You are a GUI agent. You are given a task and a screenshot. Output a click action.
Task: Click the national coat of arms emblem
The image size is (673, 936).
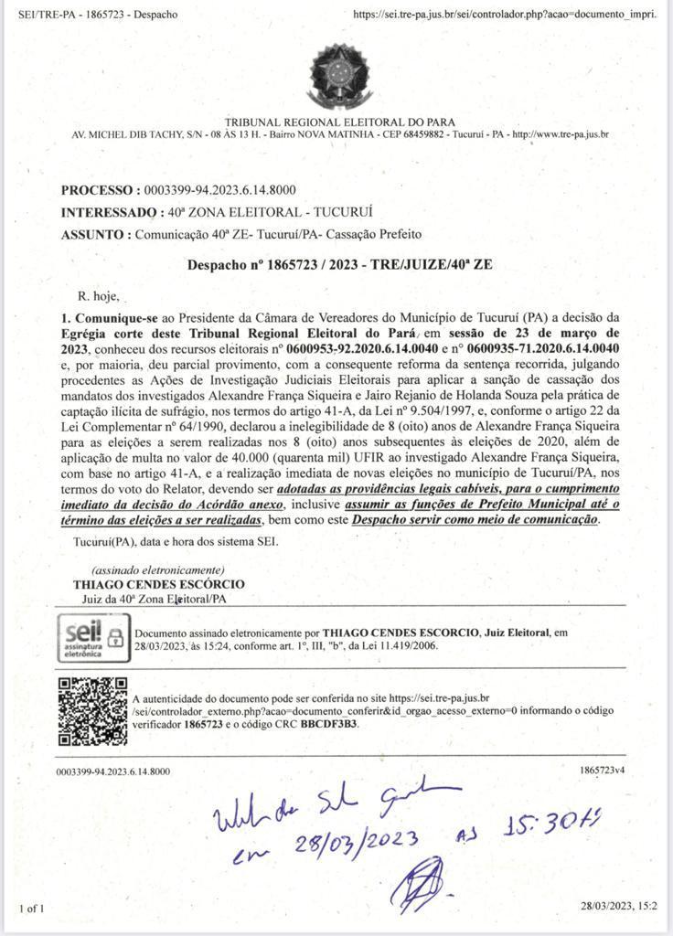coord(340,76)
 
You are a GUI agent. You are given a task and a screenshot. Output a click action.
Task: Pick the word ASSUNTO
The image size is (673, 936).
coord(94,234)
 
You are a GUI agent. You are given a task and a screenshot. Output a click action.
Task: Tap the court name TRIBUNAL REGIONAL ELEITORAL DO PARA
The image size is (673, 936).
coord(339,122)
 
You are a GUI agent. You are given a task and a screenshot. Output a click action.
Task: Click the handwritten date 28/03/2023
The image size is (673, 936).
coord(358,843)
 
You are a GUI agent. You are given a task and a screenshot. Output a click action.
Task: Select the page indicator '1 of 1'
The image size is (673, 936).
coord(31,909)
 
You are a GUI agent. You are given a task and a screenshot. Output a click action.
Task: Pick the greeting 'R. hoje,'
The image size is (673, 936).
coord(99,296)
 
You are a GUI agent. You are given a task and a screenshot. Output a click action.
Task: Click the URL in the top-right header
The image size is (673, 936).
coord(504,15)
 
